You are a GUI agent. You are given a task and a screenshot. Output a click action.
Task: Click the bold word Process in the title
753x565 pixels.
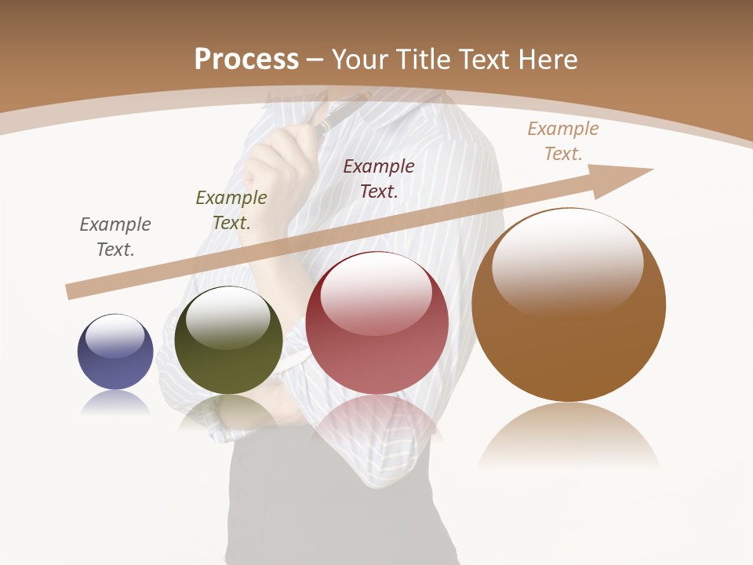tap(246, 59)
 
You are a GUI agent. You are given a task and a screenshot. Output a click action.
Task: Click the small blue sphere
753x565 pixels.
tap(115, 352)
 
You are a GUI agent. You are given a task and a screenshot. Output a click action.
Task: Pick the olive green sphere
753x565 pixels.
tap(228, 341)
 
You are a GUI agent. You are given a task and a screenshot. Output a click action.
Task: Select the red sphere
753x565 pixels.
tap(376, 323)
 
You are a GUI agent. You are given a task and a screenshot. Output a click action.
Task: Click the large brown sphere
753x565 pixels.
tap(569, 305)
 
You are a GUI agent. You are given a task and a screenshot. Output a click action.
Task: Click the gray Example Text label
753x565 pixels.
tap(115, 237)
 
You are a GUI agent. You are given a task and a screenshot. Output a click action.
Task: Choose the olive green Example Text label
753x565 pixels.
tap(231, 210)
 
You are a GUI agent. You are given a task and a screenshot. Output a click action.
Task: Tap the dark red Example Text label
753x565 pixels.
tap(379, 178)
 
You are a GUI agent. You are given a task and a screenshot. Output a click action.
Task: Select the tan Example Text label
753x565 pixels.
tap(563, 141)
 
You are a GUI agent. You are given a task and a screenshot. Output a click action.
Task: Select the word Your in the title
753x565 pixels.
tap(357, 59)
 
